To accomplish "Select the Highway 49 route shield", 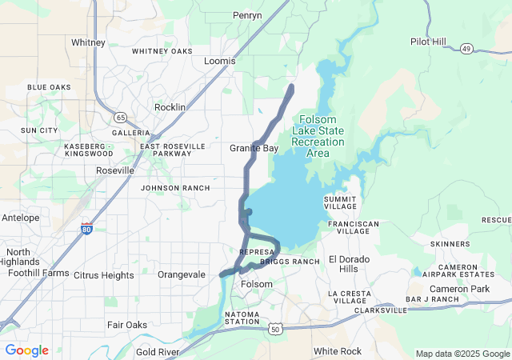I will [x=465, y=49].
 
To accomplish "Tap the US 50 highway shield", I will [x=275, y=329].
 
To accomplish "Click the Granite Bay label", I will [x=254, y=149].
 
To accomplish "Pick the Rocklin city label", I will [x=170, y=107].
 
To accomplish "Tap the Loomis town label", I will [x=220, y=61].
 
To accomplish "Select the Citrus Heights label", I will [x=103, y=275].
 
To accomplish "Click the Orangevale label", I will [x=182, y=274].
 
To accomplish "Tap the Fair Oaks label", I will [x=126, y=325].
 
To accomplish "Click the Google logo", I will [x=26, y=350].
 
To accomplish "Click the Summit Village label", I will [x=346, y=202].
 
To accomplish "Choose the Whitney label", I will [x=88, y=42].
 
